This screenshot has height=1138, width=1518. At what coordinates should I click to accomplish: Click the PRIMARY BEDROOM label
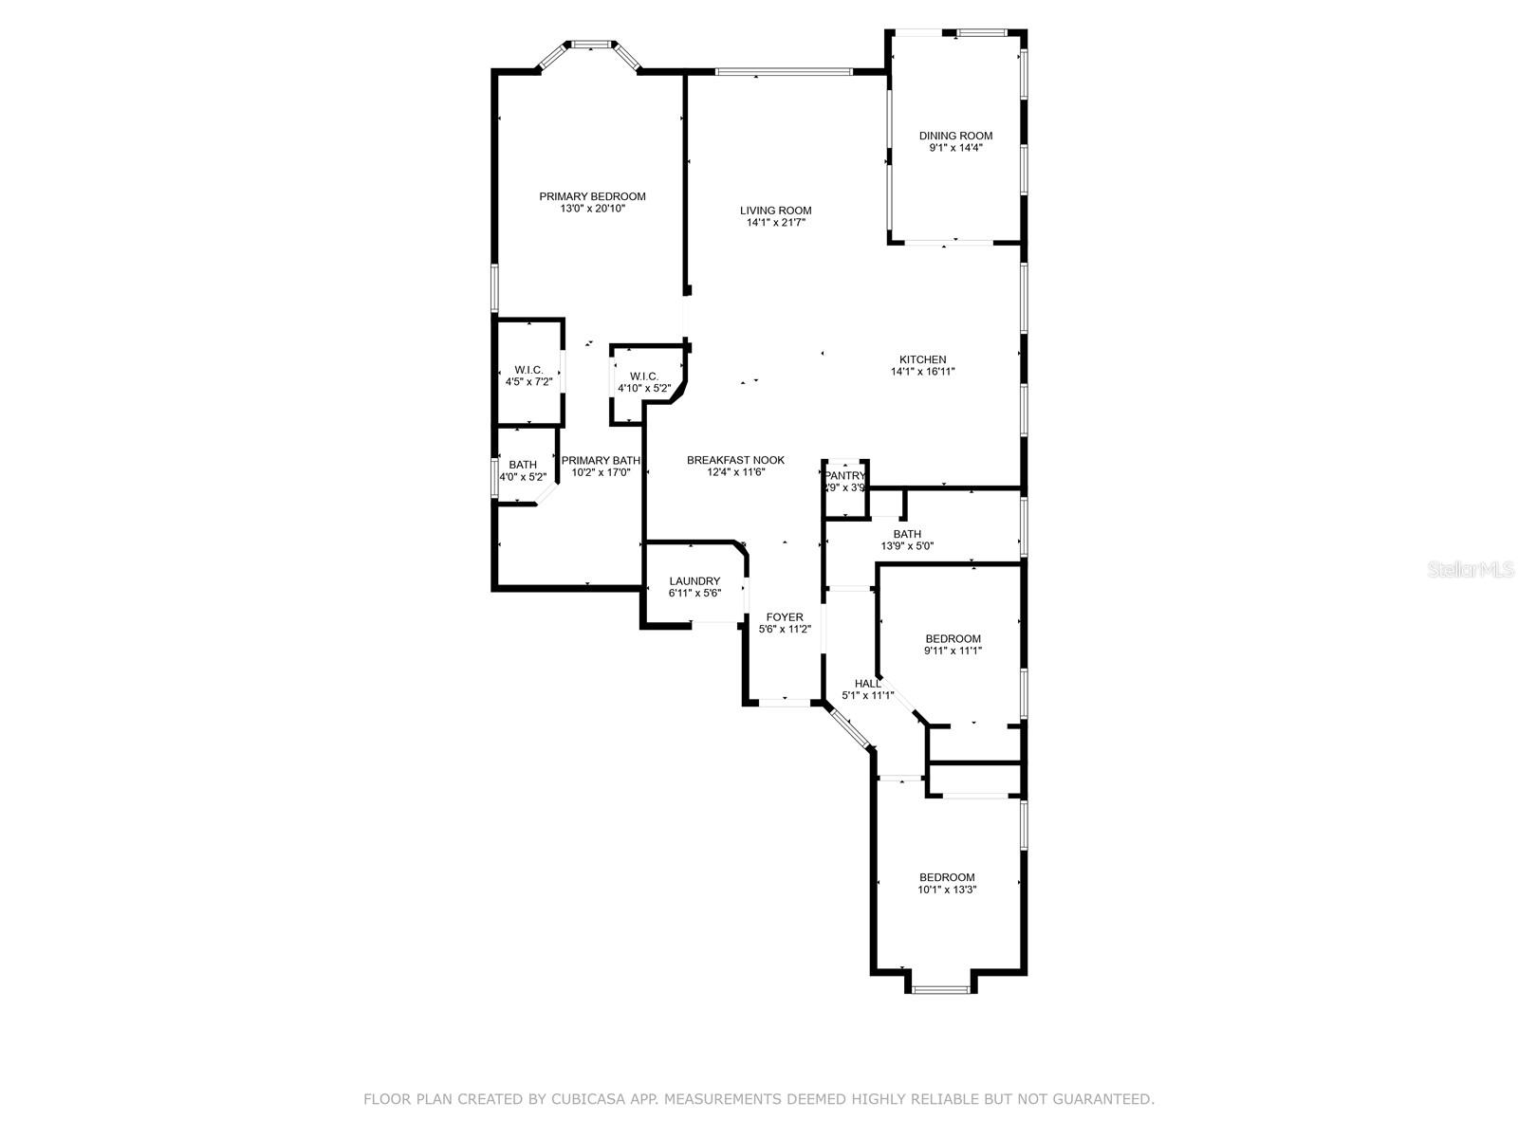tap(592, 197)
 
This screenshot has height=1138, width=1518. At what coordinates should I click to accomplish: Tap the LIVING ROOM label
tap(775, 211)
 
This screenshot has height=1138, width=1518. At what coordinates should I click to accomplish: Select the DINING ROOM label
tap(955, 137)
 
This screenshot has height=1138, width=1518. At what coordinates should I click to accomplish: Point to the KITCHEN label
tap(922, 360)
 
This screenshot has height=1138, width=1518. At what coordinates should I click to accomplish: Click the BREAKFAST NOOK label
tap(735, 460)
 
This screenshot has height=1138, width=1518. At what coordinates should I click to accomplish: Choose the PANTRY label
tap(845, 476)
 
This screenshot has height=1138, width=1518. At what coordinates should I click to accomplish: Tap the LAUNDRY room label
tap(694, 581)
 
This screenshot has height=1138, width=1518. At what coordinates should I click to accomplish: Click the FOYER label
tap(785, 617)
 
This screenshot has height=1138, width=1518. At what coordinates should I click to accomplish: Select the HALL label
tap(867, 684)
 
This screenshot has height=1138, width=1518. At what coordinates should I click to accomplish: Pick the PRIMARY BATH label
tap(601, 461)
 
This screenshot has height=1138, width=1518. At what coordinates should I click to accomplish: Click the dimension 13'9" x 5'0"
tap(907, 546)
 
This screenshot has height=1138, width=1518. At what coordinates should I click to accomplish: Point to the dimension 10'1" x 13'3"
tap(947, 890)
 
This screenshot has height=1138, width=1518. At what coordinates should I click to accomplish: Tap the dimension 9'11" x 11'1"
tap(953, 651)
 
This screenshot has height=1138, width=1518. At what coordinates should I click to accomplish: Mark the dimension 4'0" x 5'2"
tap(523, 477)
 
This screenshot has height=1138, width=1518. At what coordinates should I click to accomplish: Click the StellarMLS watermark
tap(1471, 569)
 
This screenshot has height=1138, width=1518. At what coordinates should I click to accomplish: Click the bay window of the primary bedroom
tap(591, 46)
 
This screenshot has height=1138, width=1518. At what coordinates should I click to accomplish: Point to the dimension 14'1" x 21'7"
tap(776, 223)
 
